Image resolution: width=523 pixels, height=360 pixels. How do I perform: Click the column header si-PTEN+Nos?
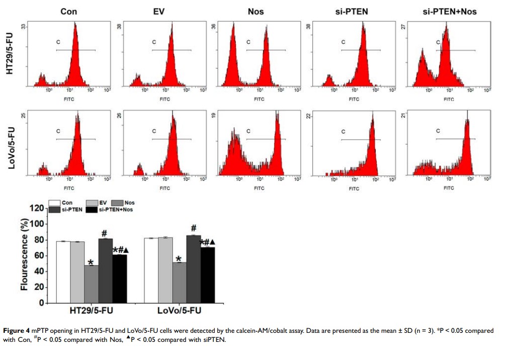tap(449, 11)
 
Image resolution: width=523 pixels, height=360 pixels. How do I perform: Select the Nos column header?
tap(256, 11)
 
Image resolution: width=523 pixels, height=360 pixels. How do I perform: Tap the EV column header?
tap(159, 11)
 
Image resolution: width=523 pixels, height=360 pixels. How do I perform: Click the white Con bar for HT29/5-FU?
tap(63, 272)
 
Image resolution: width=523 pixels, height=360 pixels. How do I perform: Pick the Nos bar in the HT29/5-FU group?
tap(91, 284)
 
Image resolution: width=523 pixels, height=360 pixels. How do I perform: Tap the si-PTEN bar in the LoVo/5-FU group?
tap(193, 269)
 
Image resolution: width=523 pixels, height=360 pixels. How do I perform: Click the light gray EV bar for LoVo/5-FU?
tap(165, 270)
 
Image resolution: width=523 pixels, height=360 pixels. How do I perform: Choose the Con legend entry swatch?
tap(54, 203)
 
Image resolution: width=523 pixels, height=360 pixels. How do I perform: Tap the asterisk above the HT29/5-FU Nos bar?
tap(91, 262)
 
